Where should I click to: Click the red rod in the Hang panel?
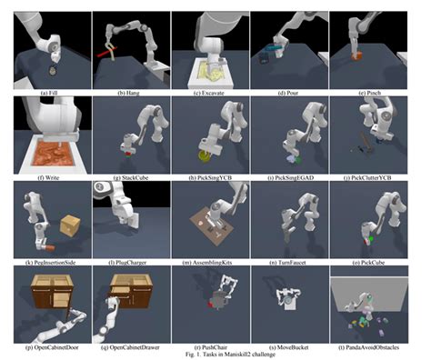coord(106,52)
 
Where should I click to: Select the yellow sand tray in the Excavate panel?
coord(210,72)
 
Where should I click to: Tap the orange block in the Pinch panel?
coord(356,56)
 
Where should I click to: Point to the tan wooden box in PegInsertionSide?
coord(70,225)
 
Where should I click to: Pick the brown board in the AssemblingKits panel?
coord(212,225)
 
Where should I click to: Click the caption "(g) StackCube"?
coord(131,178)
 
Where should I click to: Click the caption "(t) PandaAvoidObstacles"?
coord(368,347)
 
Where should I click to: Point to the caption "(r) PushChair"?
coord(210,347)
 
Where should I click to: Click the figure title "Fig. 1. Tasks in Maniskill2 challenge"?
coord(230,354)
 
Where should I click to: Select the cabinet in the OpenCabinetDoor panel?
coord(52,293)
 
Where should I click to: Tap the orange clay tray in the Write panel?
coord(54,153)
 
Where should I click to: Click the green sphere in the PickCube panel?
coord(370,238)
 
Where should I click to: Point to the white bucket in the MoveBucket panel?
coord(288,302)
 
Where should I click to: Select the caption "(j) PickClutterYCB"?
coord(367,178)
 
